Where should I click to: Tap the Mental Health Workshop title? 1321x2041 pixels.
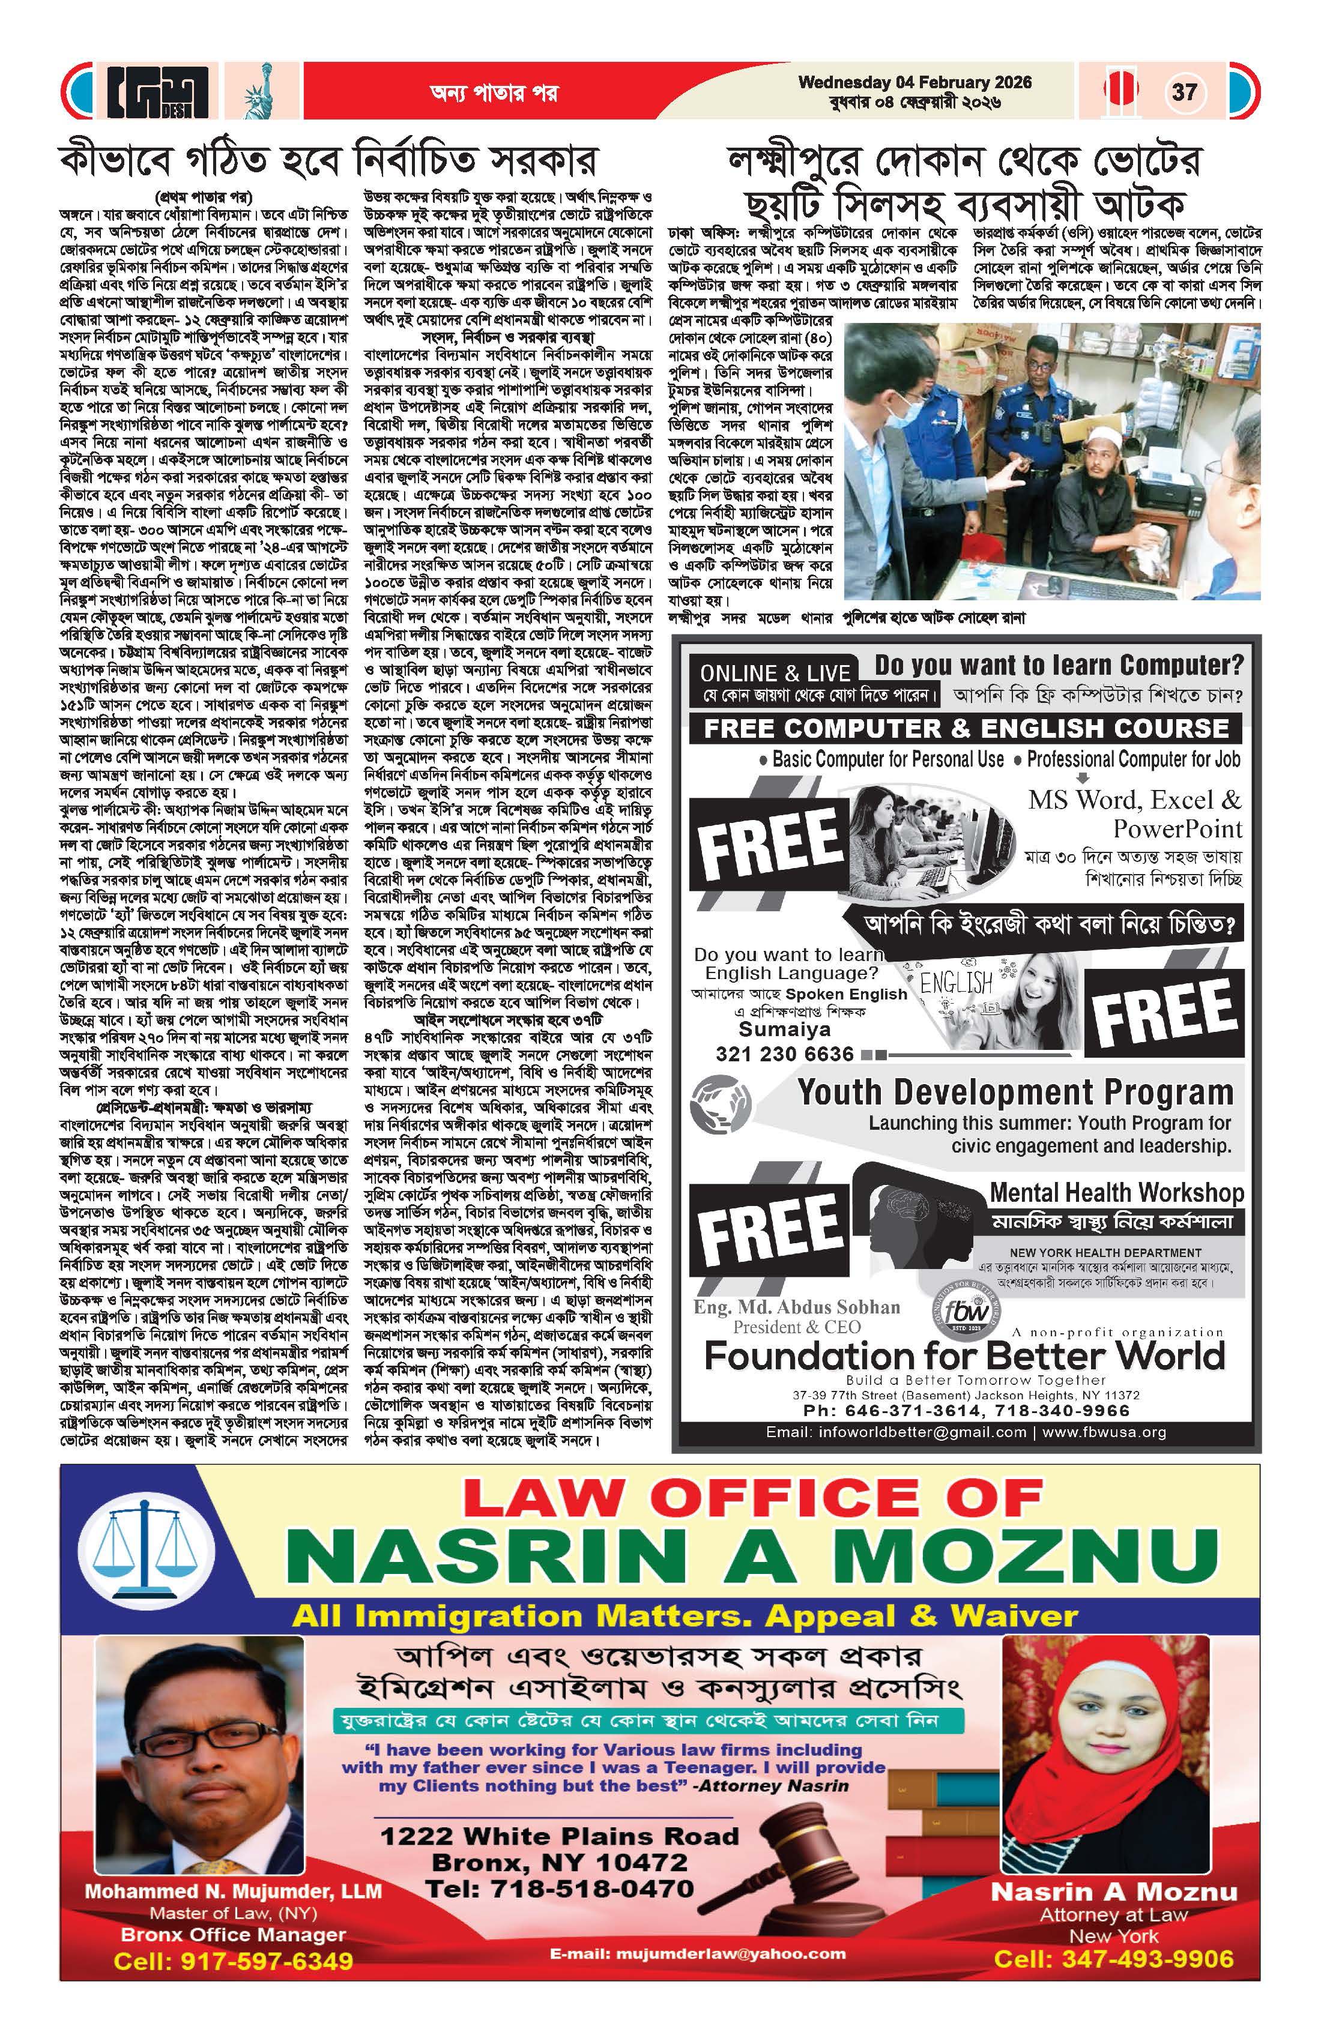1116,1192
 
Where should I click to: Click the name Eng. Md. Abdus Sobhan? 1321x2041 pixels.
797,1307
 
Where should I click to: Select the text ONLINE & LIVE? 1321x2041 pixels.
775,673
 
